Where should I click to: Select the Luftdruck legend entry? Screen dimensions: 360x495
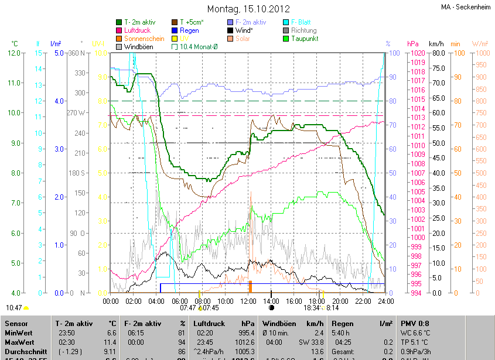click(140, 30)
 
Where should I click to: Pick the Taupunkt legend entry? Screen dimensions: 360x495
click(304, 39)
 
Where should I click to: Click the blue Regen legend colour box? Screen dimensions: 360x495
click(174, 30)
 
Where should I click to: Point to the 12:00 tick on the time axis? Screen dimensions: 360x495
click(249, 301)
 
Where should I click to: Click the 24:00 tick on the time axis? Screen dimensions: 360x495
click(384, 301)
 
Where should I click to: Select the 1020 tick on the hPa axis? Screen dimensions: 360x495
click(401, 53)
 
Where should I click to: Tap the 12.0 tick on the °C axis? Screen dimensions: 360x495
click(15, 53)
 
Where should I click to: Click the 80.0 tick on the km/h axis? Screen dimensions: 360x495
click(436, 53)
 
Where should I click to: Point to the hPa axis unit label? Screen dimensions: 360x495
click(412, 44)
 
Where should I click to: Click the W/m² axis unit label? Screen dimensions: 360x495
click(479, 44)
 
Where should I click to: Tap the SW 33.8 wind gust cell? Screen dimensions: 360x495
click(310, 342)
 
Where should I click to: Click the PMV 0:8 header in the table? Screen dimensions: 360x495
click(415, 323)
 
